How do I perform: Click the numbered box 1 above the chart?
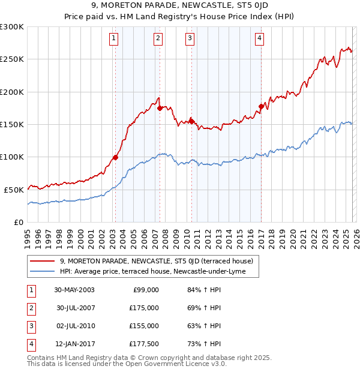[x=114, y=39]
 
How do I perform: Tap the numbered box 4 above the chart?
[x=260, y=39]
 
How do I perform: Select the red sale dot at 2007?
[x=160, y=109]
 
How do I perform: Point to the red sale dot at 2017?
[x=261, y=107]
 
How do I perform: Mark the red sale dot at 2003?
[x=115, y=158]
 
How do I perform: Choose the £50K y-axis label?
[x=14, y=190]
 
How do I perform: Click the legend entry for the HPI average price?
[x=159, y=272]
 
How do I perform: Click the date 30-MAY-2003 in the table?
[x=74, y=290]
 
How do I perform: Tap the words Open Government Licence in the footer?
[x=179, y=364]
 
